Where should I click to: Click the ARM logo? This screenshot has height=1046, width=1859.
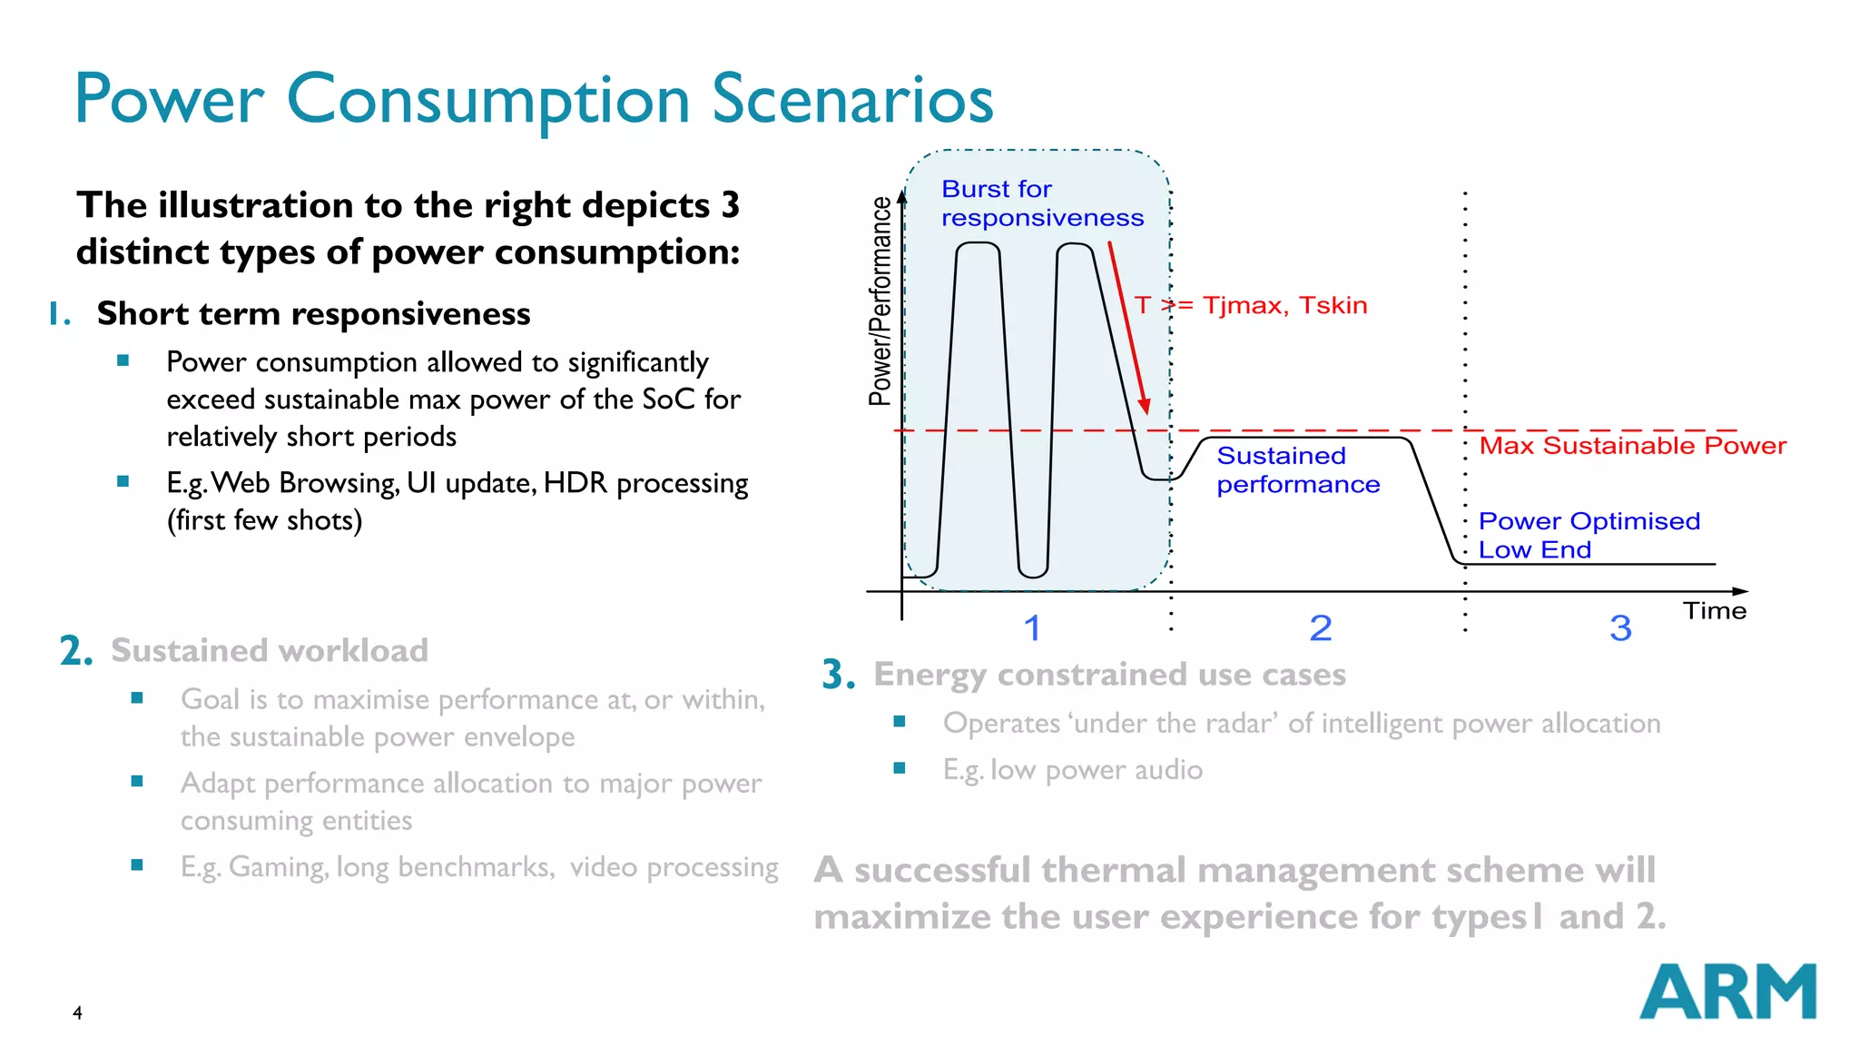pyautogui.click(x=1727, y=992)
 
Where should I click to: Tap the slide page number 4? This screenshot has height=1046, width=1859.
pyautogui.click(x=77, y=1012)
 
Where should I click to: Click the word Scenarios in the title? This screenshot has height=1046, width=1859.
pyautogui.click(x=852, y=99)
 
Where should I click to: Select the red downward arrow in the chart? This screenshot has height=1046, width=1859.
pyautogui.click(x=1127, y=328)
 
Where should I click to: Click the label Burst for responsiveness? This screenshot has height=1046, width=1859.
pyautogui.click(x=1041, y=203)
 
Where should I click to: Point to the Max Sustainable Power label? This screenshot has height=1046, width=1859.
pyautogui.click(x=1632, y=446)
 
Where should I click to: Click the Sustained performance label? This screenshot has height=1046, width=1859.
pyautogui.click(x=1297, y=470)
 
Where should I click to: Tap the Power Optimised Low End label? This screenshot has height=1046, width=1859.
pyautogui.click(x=1588, y=535)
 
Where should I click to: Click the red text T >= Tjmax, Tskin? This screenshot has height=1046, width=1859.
pyautogui.click(x=1251, y=305)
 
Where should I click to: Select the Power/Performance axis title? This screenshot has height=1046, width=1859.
pyautogui.click(x=880, y=301)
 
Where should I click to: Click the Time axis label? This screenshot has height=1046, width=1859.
pyautogui.click(x=1714, y=611)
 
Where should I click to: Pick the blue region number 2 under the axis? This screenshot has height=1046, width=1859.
pyautogui.click(x=1321, y=628)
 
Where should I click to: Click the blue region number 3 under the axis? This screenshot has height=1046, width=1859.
pyautogui.click(x=1620, y=628)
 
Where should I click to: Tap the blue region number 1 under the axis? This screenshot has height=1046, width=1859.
pyautogui.click(x=1032, y=628)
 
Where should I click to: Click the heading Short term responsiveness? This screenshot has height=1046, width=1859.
pyautogui.click(x=313, y=313)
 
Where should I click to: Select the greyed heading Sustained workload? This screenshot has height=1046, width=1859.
pyautogui.click(x=269, y=651)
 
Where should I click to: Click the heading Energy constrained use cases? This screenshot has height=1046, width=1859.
pyautogui.click(x=1109, y=675)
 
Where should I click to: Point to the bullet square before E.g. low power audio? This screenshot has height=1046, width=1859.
pyautogui.click(x=900, y=768)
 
